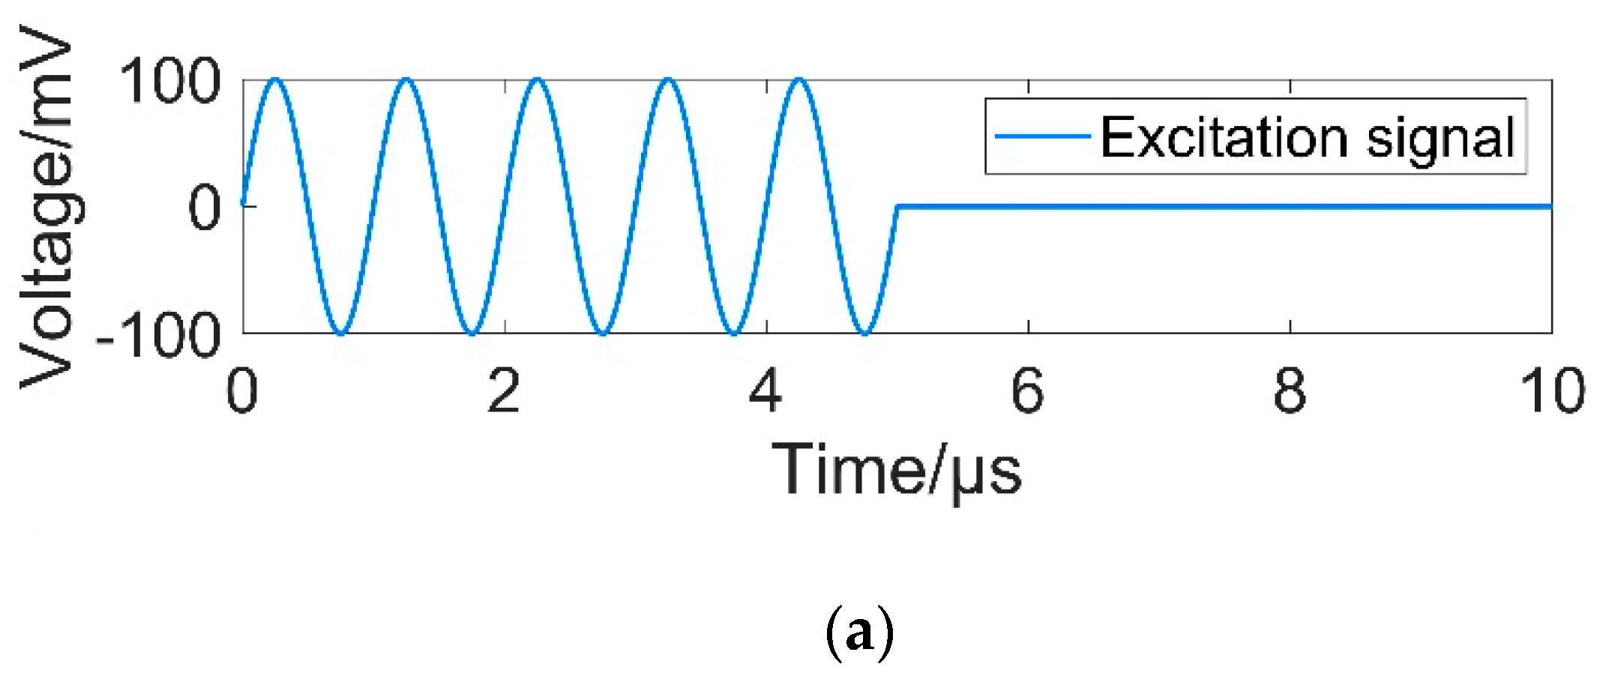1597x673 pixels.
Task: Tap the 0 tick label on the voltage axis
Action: (x=204, y=208)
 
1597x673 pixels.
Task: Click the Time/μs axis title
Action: (x=897, y=471)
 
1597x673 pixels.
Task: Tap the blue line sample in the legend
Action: (x=1042, y=136)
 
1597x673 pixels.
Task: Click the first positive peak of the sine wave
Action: (x=275, y=79)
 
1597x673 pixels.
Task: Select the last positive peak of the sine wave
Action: (x=799, y=79)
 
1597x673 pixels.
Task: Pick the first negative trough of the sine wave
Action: (x=341, y=333)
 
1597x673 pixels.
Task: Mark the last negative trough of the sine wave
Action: (x=864, y=333)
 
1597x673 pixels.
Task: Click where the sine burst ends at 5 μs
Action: (x=897, y=205)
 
